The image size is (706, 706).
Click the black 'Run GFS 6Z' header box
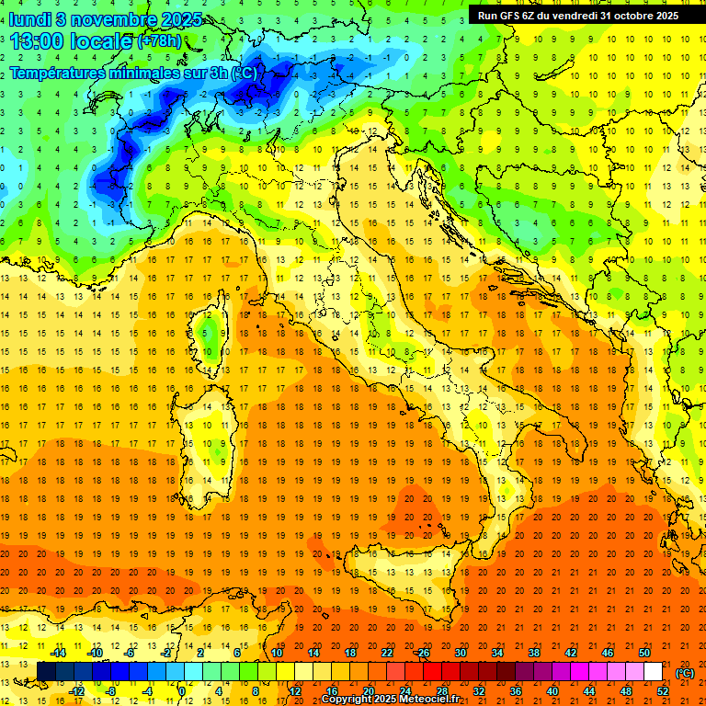pyautogui.click(x=578, y=15)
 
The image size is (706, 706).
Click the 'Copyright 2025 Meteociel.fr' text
pyautogui.click(x=391, y=700)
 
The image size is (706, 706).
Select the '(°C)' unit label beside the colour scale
pyautogui.click(x=685, y=672)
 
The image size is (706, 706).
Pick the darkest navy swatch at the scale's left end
pyautogui.click(x=46, y=672)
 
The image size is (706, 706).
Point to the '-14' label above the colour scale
pyautogui.click(x=58, y=653)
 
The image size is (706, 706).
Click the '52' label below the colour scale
pyautogui.click(x=663, y=691)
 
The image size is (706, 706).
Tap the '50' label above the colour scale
pyautogui.click(x=644, y=653)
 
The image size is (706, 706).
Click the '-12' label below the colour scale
pyautogui.click(x=76, y=691)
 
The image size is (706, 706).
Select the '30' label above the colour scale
pyautogui.click(x=460, y=653)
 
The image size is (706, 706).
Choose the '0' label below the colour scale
pyautogui.click(x=182, y=691)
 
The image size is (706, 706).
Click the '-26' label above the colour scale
pyautogui.click(x=422, y=653)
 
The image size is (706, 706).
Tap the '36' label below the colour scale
pyautogui.click(x=515, y=691)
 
